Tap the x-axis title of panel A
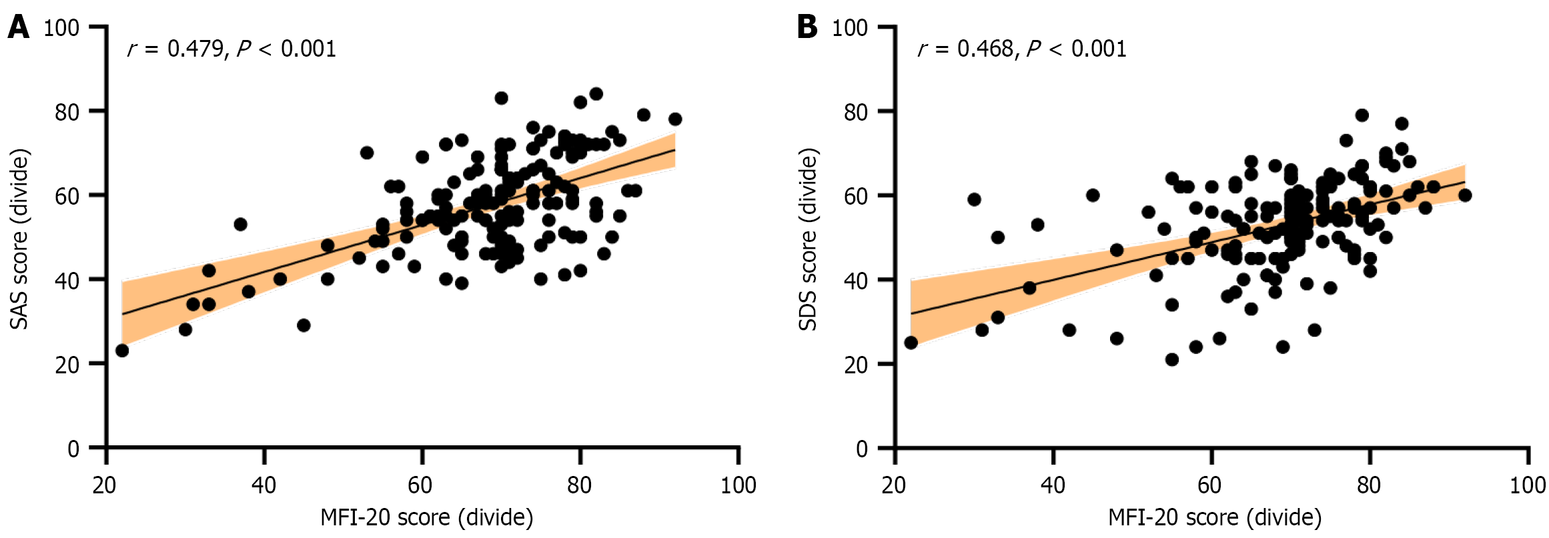pyautogui.click(x=426, y=518)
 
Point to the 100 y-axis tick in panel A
pyautogui.click(x=61, y=28)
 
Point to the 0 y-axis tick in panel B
pyautogui.click(x=861, y=449)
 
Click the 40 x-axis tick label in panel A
pyautogui.click(x=264, y=485)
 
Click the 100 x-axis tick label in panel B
pyautogui.click(x=1527, y=485)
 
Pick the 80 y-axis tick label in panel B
pyautogui.click(x=856, y=112)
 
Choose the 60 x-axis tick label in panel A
pyautogui.click(x=422, y=485)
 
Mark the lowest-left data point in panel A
pyautogui.click(x=122, y=350)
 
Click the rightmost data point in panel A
pyautogui.click(x=675, y=119)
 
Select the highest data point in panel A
pyautogui.click(x=596, y=94)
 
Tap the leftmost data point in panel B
pyautogui.click(x=911, y=343)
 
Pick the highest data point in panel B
pyautogui.click(x=1362, y=115)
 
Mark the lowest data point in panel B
pyautogui.click(x=1172, y=359)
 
